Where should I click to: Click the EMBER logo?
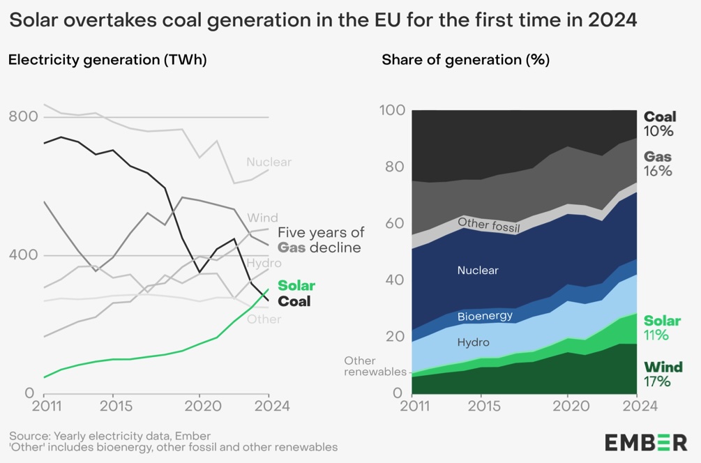[645, 442]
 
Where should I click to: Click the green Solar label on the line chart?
[296, 285]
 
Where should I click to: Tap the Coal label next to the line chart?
[294, 301]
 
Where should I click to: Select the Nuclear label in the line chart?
[269, 162]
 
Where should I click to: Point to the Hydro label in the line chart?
[264, 263]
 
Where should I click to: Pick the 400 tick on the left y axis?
[22, 255]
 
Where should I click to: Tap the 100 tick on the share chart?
[392, 110]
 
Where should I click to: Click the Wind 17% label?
[662, 374]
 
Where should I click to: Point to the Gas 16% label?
[658, 163]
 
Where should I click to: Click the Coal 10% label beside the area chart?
[659, 123]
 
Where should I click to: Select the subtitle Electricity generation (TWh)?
[107, 60]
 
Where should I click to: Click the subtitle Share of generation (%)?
[465, 60]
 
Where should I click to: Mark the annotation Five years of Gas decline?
[320, 240]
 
